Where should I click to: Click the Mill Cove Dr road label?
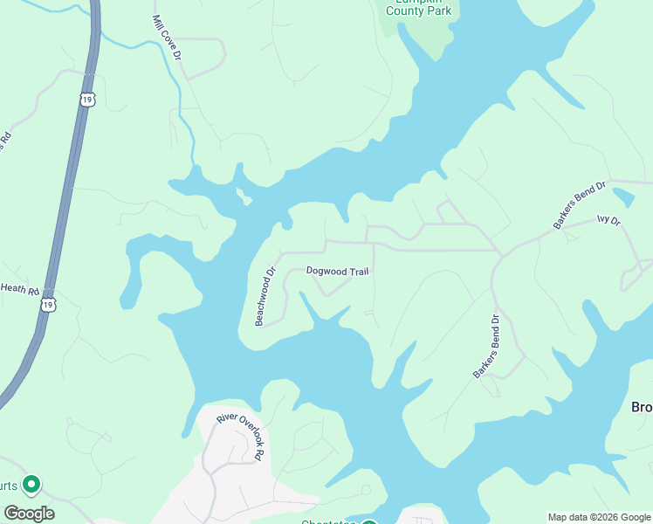(165, 38)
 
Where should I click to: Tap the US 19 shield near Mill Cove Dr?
(86, 100)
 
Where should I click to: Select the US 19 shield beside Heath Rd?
(48, 304)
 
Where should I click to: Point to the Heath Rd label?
(19, 289)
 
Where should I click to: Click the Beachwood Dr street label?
(265, 296)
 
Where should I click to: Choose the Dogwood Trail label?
(337, 272)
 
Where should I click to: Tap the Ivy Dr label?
(608, 222)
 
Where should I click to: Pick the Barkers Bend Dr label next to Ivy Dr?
(579, 206)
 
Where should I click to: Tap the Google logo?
(29, 514)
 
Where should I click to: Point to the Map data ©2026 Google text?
(599, 517)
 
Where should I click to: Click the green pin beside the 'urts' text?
(31, 483)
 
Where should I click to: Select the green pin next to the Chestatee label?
(368, 522)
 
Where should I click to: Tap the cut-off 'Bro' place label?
(642, 407)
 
